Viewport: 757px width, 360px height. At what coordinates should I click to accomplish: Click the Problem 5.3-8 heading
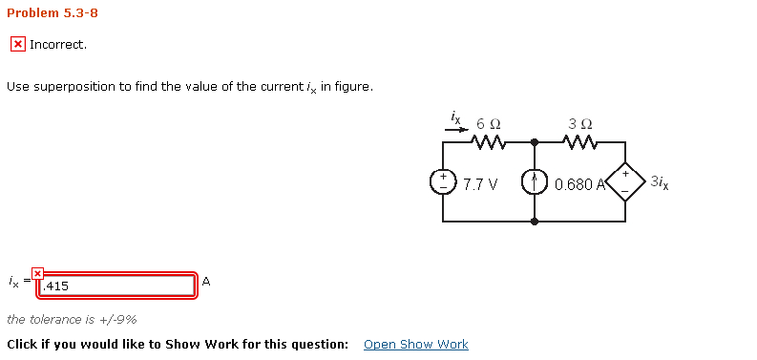53,13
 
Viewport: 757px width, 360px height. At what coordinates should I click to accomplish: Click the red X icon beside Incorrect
17,45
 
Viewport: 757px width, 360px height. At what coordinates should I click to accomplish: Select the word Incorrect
57,45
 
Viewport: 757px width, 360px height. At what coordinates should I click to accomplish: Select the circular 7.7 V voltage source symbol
443,181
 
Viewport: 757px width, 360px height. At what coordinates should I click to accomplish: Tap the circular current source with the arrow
534,181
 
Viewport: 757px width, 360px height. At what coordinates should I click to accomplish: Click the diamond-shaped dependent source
624,181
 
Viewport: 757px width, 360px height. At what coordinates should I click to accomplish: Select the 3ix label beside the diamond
659,181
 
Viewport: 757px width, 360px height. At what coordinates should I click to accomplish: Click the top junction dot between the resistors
534,142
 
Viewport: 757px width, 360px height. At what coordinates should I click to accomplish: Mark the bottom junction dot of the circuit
534,221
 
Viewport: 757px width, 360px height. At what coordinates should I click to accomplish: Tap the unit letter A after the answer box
206,282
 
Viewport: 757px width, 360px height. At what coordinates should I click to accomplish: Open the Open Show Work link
415,344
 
